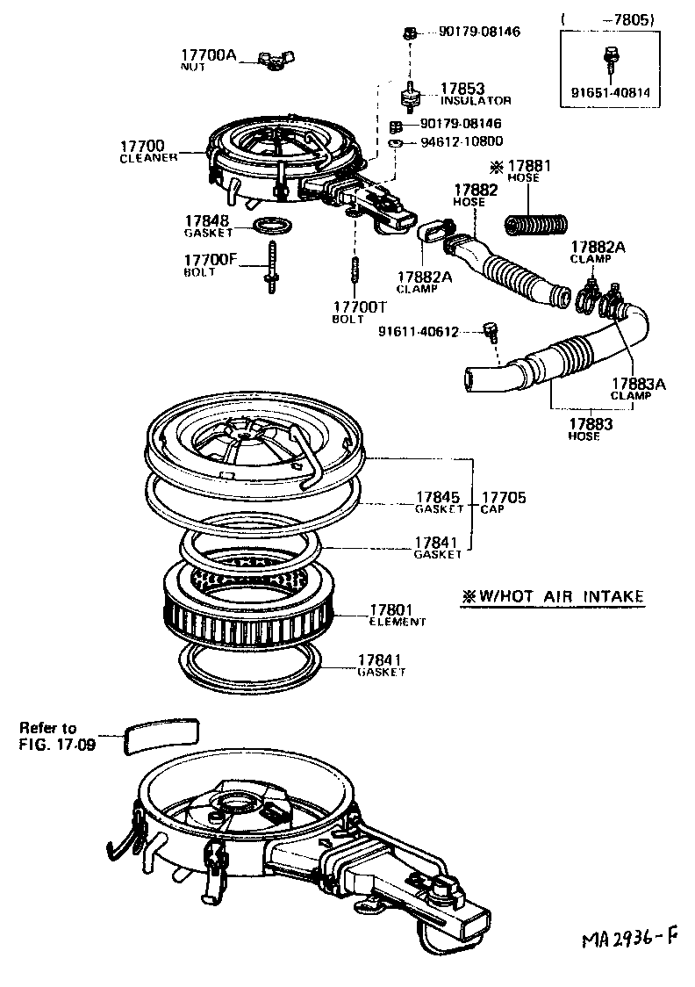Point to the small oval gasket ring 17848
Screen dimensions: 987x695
click(272, 227)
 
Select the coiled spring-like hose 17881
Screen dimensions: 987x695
click(536, 224)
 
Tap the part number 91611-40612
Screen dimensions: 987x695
click(419, 331)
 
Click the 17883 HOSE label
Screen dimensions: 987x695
click(584, 428)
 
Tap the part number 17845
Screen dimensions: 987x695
click(439, 497)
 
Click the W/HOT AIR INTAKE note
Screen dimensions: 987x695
click(553, 597)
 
